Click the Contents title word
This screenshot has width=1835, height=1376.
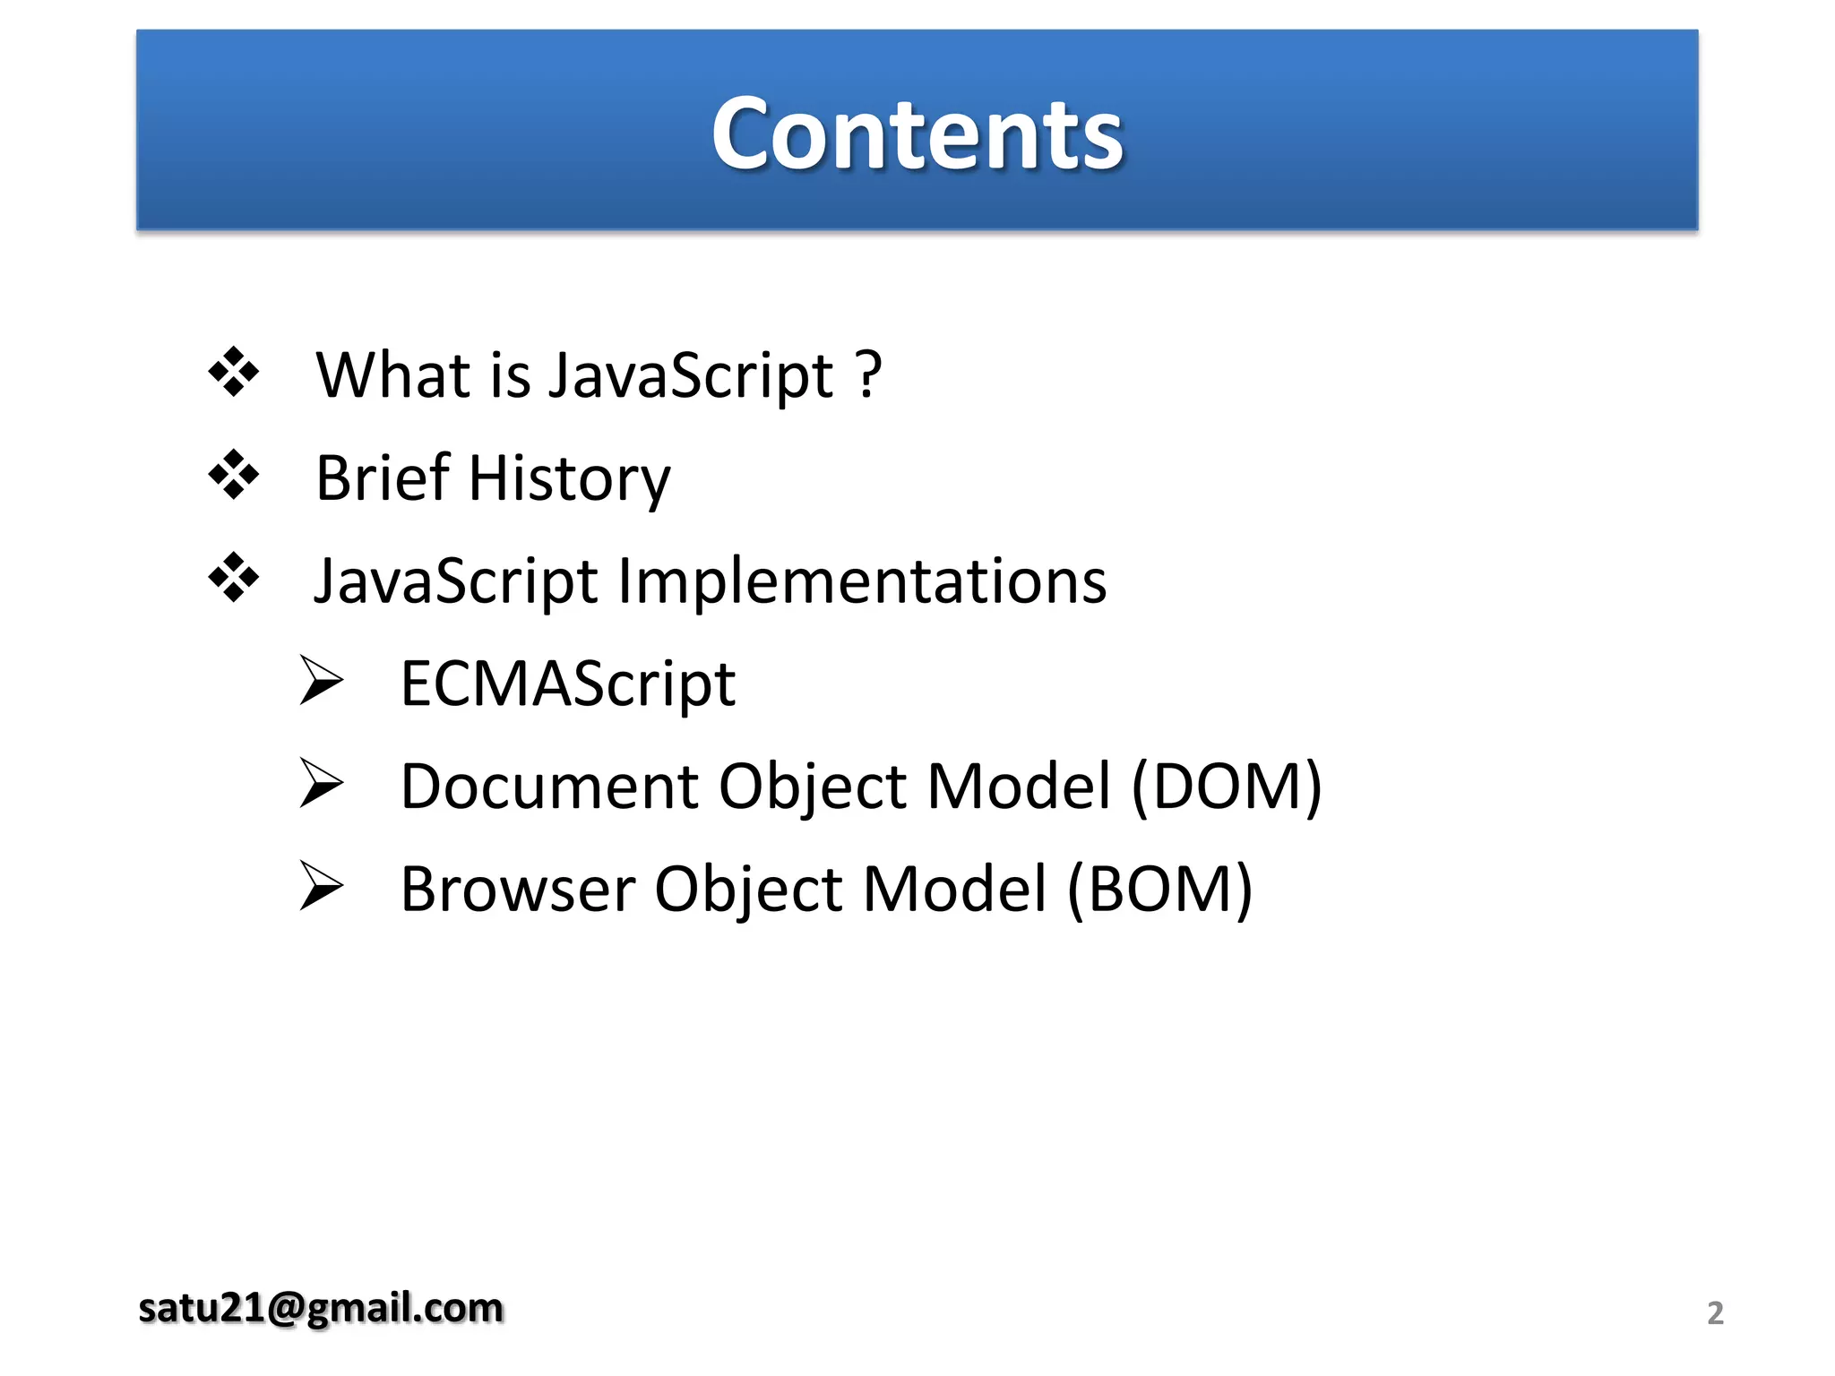coord(917,134)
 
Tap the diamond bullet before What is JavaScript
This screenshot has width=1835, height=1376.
coord(233,372)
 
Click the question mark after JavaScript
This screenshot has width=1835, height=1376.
coord(868,374)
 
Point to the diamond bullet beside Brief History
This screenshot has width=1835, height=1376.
coord(233,475)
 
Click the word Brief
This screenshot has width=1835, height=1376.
coord(383,477)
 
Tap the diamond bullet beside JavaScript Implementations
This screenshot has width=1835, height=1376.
coord(233,578)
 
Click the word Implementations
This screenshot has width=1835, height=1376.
coord(862,582)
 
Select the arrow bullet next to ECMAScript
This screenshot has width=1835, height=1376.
coord(321,681)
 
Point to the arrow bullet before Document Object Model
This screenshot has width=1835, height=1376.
coord(321,783)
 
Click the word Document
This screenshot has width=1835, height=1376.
coord(548,787)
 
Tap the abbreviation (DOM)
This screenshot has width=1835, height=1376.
coord(1227,787)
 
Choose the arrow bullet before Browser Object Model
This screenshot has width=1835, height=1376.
coord(321,886)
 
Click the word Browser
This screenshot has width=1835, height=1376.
coord(517,890)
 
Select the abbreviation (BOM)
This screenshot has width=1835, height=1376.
coord(1159,890)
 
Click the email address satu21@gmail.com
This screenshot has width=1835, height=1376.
coord(321,1308)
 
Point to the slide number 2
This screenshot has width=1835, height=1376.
coord(1715,1313)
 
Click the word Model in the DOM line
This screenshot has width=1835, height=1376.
coord(1019,787)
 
